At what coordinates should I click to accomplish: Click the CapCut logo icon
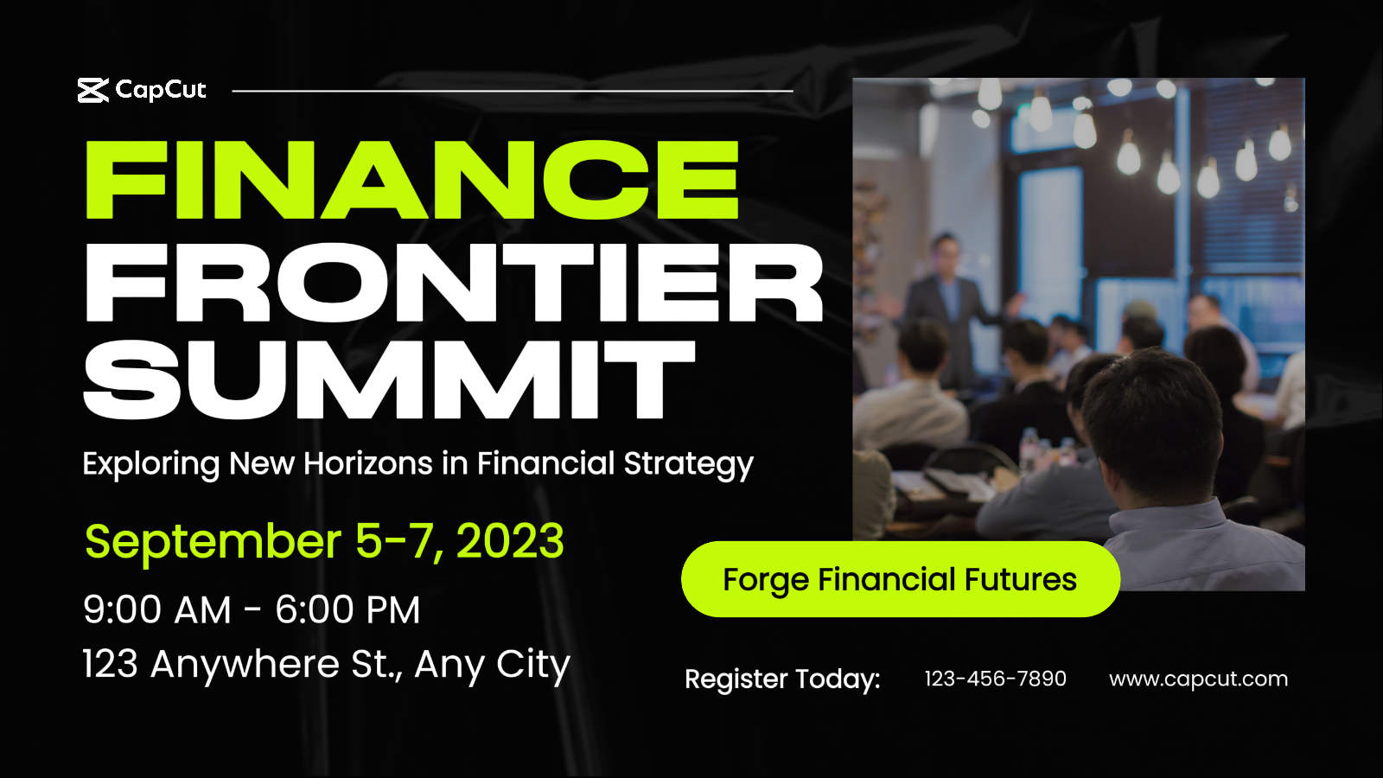[93, 90]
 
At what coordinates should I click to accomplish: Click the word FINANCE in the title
[411, 179]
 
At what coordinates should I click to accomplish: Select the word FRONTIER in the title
[454, 282]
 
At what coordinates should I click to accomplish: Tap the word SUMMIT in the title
[390, 379]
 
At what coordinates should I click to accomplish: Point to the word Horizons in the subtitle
[368, 463]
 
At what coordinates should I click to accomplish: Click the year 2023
[510, 541]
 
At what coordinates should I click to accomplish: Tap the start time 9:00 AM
[156, 610]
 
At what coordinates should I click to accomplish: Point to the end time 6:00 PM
[347, 610]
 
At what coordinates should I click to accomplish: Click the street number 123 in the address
[111, 665]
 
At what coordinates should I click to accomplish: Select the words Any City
[492, 666]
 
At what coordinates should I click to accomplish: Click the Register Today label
[782, 679]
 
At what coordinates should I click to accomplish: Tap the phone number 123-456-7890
[995, 679]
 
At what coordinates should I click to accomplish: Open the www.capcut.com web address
[1198, 679]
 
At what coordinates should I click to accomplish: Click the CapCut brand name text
[161, 90]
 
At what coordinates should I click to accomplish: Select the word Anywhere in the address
[245, 666]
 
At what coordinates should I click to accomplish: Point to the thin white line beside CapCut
[513, 91]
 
